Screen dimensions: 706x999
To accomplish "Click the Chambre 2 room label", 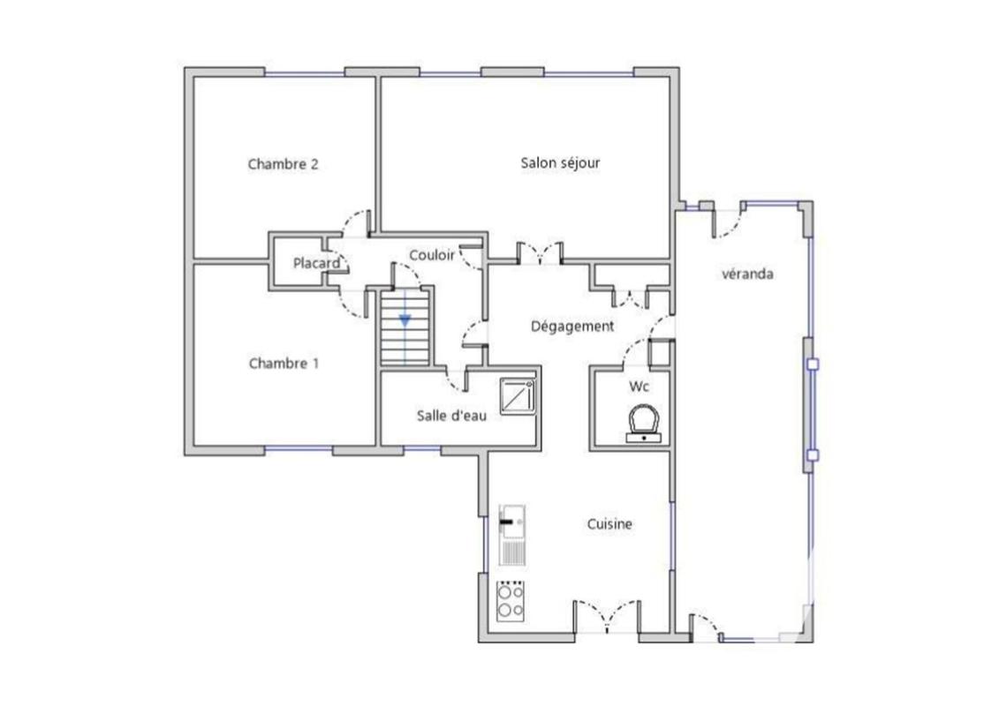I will pos(283,163).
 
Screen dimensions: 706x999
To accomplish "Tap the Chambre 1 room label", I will pos(283,363).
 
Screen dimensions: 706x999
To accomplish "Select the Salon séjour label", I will pos(560,162).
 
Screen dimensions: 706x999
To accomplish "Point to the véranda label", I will pos(747,274).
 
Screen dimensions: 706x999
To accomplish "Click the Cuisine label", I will pos(609,524).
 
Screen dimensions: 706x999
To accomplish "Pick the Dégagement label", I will pos(571,327).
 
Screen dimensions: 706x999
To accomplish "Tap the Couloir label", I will pos(432,255).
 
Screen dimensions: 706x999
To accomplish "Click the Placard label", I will pos(316,263).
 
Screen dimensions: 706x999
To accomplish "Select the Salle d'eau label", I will pos(451,415).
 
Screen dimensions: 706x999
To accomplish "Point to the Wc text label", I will pos(639,387).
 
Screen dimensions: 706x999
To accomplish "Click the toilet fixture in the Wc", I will pos(643,423).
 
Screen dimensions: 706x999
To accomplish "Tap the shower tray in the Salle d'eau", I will pos(516,396).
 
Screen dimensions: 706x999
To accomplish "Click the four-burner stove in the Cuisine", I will pos(510,601).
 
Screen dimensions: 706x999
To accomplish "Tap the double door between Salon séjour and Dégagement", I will pos(539,252).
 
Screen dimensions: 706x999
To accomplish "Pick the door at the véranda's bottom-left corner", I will pos(704,625).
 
